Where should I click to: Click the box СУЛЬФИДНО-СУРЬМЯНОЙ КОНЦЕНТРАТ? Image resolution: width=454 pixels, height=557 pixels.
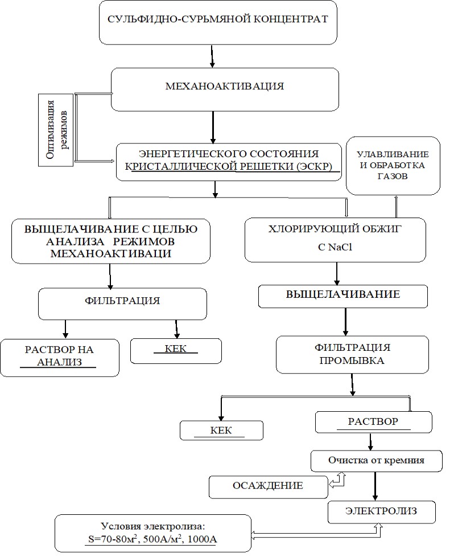[218, 22]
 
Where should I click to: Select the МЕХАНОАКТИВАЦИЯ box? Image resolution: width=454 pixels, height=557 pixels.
[225, 89]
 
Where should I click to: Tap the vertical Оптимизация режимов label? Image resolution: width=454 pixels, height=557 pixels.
[56, 130]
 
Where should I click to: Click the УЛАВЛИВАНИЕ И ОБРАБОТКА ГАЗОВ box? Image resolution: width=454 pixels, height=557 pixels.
[393, 166]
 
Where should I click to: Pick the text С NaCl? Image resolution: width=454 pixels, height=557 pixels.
[335, 247]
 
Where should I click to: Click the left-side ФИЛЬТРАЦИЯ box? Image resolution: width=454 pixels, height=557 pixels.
[122, 304]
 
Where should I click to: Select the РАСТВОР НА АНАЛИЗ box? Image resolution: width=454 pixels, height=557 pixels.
[60, 358]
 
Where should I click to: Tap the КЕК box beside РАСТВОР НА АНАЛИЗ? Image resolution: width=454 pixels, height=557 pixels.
[176, 351]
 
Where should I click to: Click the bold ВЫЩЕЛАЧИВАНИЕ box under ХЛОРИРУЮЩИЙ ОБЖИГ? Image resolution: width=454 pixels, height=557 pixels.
[343, 296]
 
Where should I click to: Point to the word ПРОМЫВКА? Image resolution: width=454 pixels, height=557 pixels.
[352, 361]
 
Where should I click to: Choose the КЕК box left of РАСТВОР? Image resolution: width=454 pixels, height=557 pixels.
[221, 431]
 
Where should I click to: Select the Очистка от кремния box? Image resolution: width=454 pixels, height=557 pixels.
[377, 461]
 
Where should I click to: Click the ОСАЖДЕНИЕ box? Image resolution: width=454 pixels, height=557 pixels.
[269, 488]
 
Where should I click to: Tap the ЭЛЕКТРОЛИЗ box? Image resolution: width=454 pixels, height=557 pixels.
[382, 512]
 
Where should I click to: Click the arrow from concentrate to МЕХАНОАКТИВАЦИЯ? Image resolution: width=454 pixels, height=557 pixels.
[212, 56]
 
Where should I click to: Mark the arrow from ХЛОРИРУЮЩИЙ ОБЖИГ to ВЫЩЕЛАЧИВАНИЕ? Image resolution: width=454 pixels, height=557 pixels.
[336, 273]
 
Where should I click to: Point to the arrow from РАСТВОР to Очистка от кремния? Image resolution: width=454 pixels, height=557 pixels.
[370, 442]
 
